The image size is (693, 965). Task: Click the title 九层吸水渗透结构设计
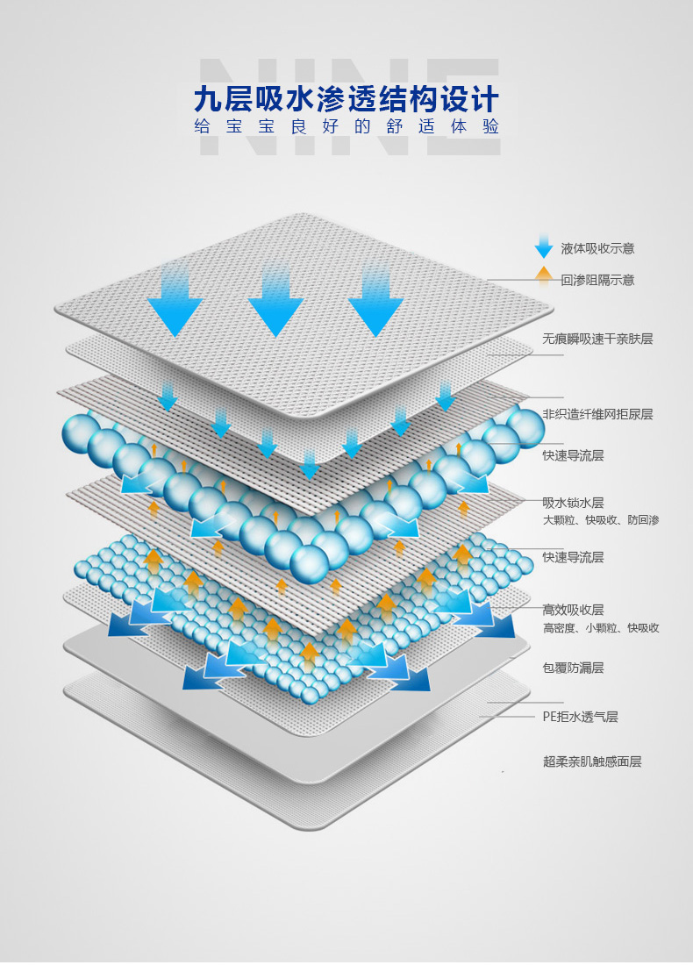tap(346, 97)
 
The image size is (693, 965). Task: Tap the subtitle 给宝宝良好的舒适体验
tap(346, 126)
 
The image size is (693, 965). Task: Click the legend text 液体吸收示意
tap(597, 248)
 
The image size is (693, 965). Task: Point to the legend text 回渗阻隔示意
tap(597, 280)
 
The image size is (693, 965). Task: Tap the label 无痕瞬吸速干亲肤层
tap(597, 339)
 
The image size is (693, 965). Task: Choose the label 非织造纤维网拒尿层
tap(597, 414)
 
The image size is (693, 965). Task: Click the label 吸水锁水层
tap(573, 503)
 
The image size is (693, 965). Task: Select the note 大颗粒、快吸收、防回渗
tap(601, 520)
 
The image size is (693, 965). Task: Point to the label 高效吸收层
tap(573, 610)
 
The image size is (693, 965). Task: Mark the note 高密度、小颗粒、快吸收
tap(601, 628)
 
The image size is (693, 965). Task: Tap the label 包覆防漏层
tap(573, 668)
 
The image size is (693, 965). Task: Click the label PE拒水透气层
tap(580, 717)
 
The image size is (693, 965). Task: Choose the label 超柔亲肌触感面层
tap(592, 761)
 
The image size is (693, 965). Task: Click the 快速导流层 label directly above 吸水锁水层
tap(573, 455)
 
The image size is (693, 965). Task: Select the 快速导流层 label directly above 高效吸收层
tap(573, 557)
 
